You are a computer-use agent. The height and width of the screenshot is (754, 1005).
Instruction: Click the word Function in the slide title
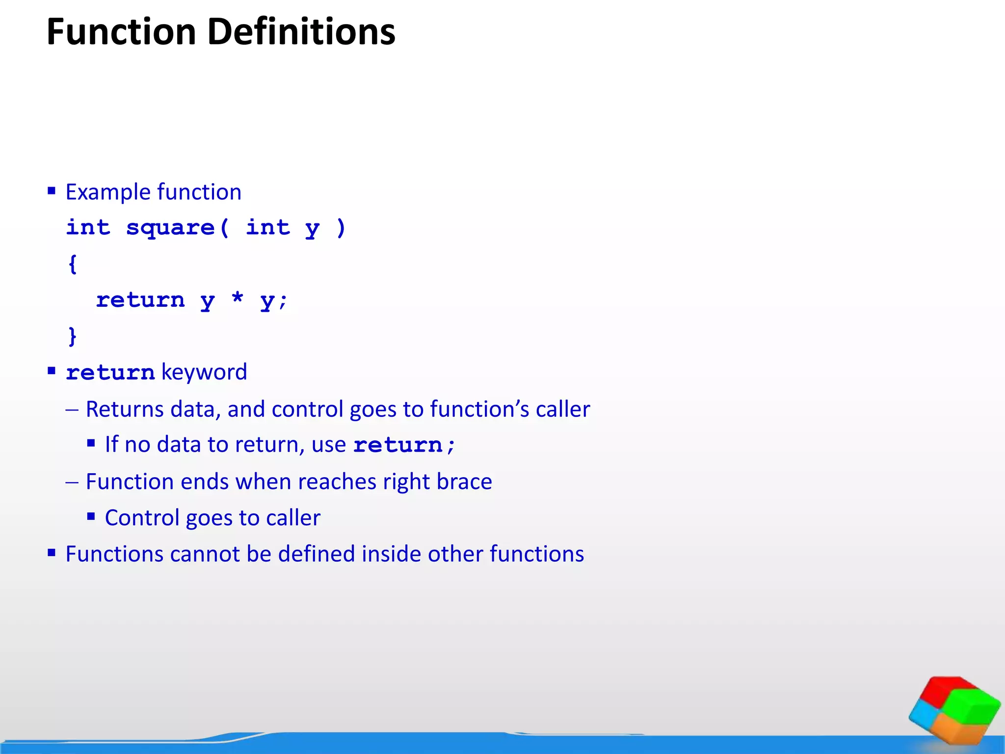tap(121, 32)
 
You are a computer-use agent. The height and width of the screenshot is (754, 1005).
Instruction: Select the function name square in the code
tap(170, 228)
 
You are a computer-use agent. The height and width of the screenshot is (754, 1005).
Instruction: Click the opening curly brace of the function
tap(73, 264)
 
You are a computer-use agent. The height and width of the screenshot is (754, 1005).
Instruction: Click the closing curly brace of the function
tap(73, 337)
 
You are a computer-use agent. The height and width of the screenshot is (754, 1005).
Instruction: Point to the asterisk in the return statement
tap(238, 298)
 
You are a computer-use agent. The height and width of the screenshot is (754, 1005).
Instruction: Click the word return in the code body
tap(140, 300)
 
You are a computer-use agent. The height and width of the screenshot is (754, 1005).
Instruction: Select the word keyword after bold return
tap(204, 372)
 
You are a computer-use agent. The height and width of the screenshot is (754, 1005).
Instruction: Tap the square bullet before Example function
tap(52, 190)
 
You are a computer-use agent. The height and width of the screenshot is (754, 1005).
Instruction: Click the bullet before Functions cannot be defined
tap(52, 553)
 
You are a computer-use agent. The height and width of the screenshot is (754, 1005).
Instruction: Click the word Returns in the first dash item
tap(125, 409)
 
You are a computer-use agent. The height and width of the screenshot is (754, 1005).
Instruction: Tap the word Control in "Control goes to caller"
tap(142, 518)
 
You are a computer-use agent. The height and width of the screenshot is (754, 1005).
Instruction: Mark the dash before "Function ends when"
tap(72, 482)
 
